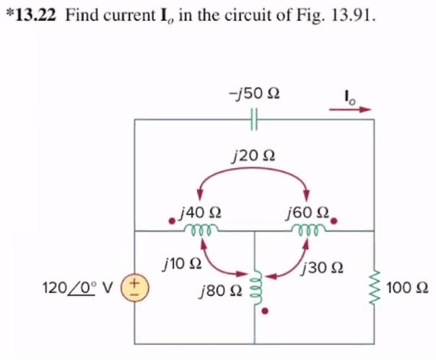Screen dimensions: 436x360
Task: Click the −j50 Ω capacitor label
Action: click(253, 95)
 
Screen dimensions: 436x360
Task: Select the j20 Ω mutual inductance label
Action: click(254, 154)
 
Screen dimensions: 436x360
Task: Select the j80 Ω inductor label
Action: click(220, 291)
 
